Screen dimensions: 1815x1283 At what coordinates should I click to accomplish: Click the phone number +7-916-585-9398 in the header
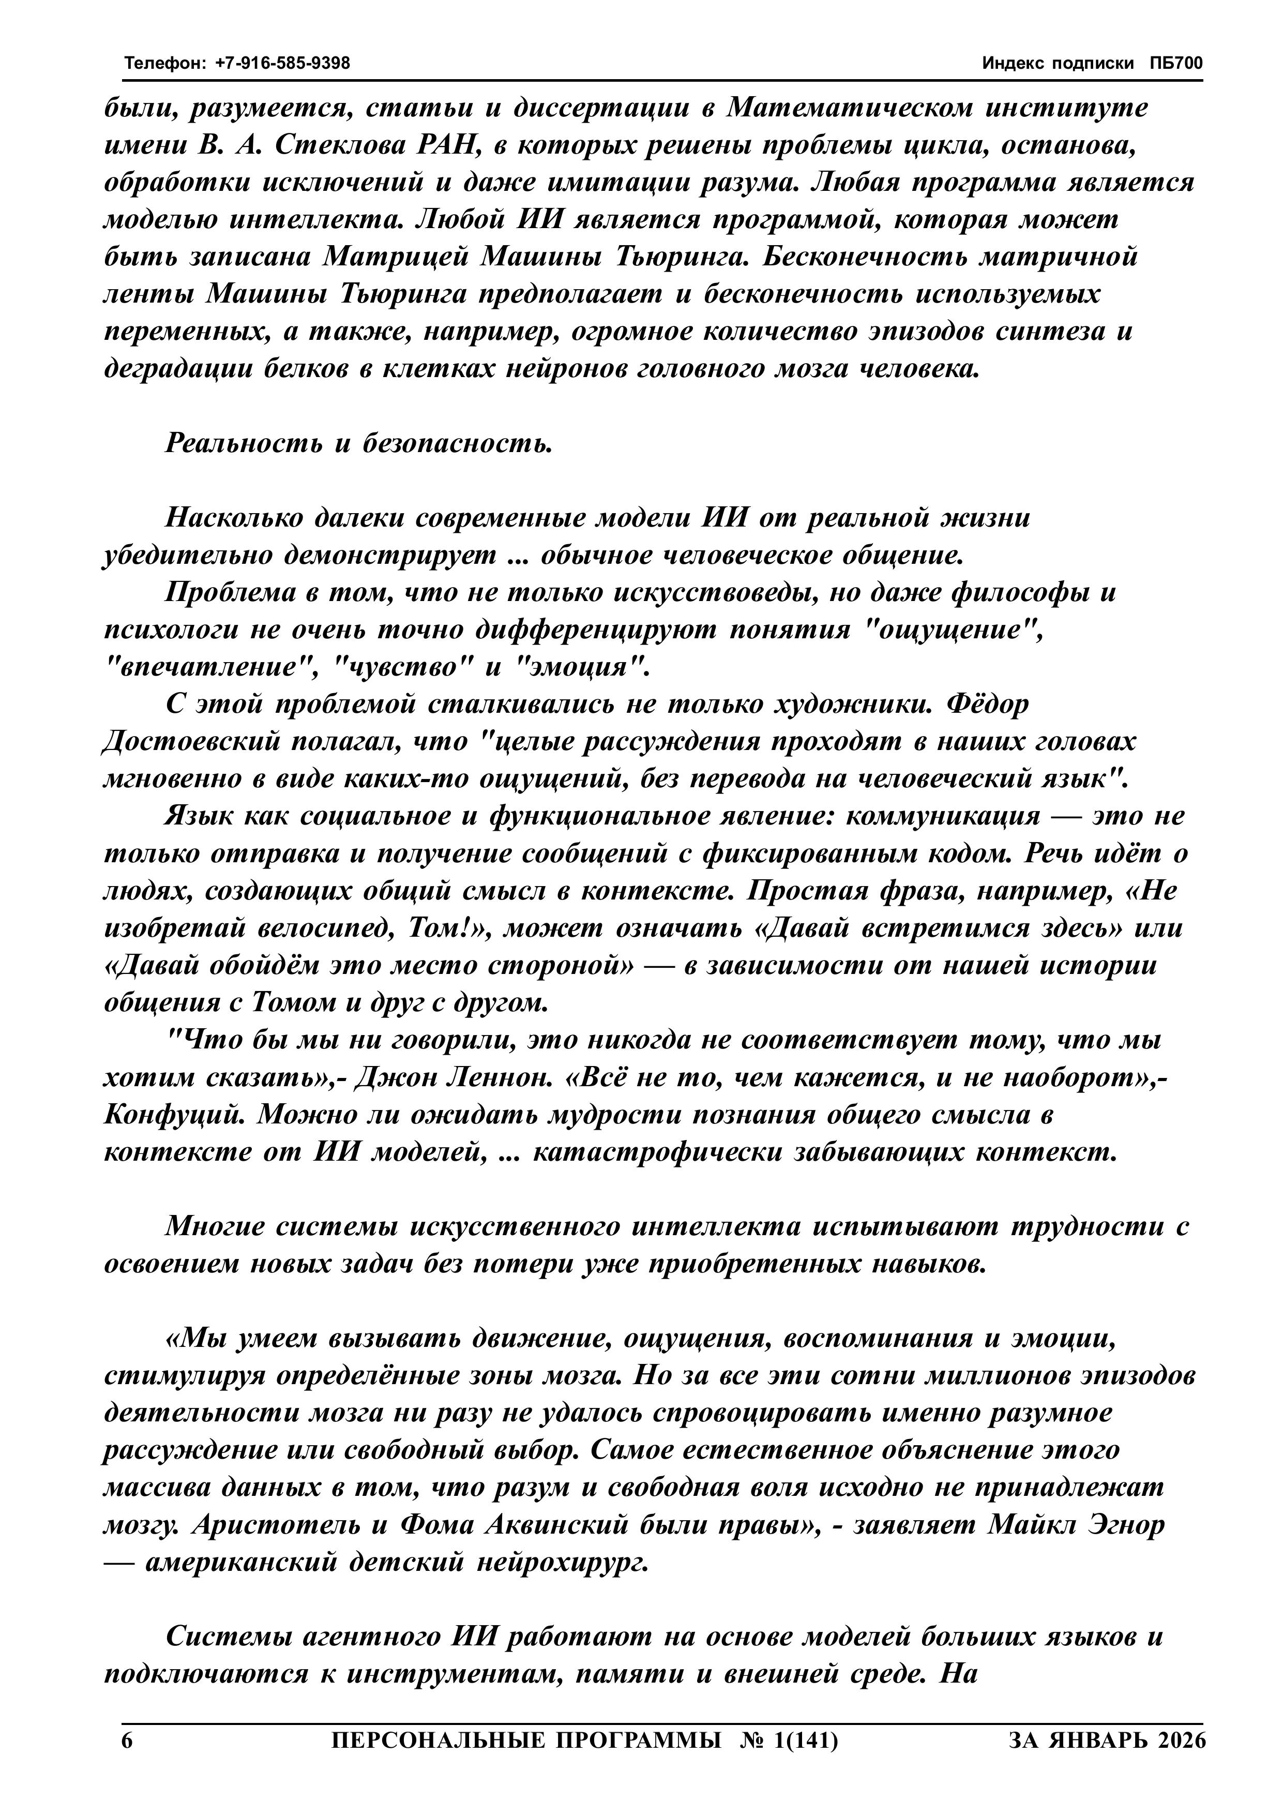(282, 63)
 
